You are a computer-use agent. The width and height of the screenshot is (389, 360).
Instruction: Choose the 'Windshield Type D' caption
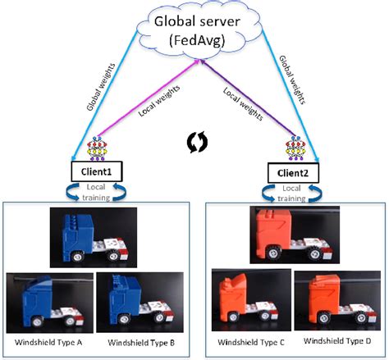click(x=337, y=341)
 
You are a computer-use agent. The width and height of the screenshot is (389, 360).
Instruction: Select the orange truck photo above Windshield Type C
click(x=248, y=302)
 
